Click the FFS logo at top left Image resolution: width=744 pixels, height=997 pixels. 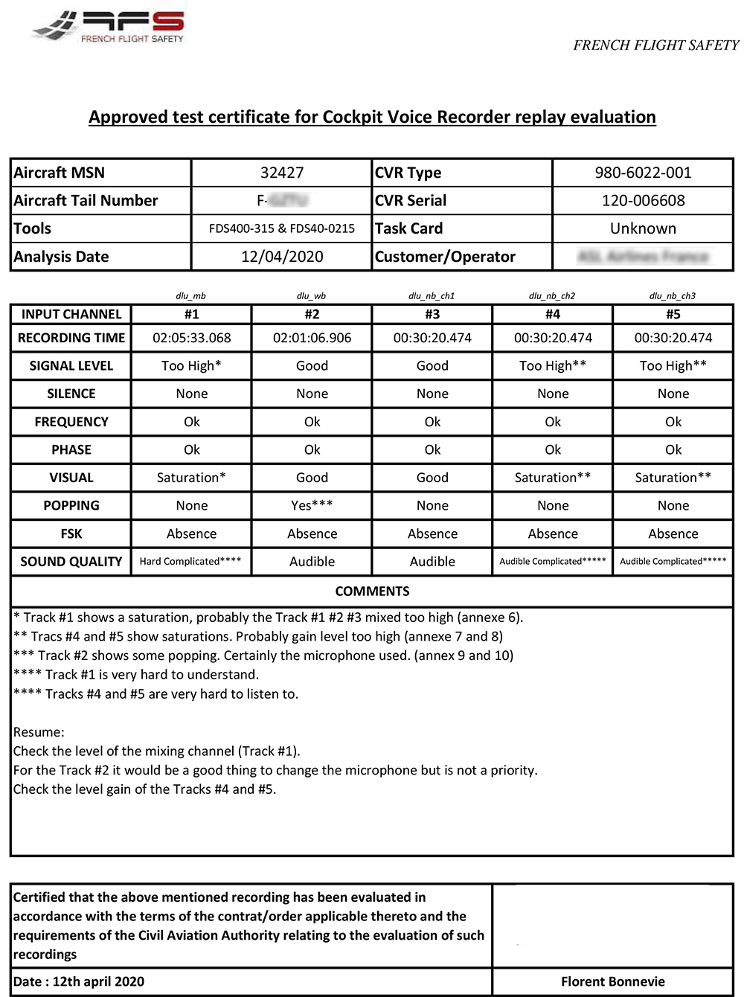click(x=109, y=28)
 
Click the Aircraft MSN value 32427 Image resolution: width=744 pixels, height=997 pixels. click(x=282, y=173)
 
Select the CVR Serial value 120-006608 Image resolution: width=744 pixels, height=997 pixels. click(x=643, y=200)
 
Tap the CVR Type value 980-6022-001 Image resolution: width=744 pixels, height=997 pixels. click(x=643, y=173)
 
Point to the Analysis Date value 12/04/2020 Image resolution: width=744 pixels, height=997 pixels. click(x=282, y=257)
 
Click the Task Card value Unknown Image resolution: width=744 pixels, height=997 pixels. click(x=643, y=228)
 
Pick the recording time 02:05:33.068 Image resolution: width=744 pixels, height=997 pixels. click(x=192, y=338)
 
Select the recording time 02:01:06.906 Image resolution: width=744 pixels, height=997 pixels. click(x=312, y=338)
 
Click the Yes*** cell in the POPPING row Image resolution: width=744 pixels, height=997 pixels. click(x=312, y=505)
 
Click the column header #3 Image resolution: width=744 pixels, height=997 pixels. click(x=432, y=314)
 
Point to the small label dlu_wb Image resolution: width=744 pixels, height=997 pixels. click(x=311, y=295)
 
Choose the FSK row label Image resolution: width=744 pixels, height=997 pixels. click(x=71, y=533)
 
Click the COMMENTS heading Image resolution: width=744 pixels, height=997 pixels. click(x=372, y=592)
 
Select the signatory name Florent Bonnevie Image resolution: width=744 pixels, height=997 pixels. click(x=613, y=981)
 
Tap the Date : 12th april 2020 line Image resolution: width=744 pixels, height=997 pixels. click(x=79, y=981)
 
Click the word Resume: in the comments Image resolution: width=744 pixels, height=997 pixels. click(x=39, y=732)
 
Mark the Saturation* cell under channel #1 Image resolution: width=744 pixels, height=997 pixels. click(x=191, y=478)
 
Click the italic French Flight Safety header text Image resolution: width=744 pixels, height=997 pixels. click(x=655, y=45)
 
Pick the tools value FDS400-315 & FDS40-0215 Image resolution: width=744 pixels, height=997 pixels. click(x=282, y=228)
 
